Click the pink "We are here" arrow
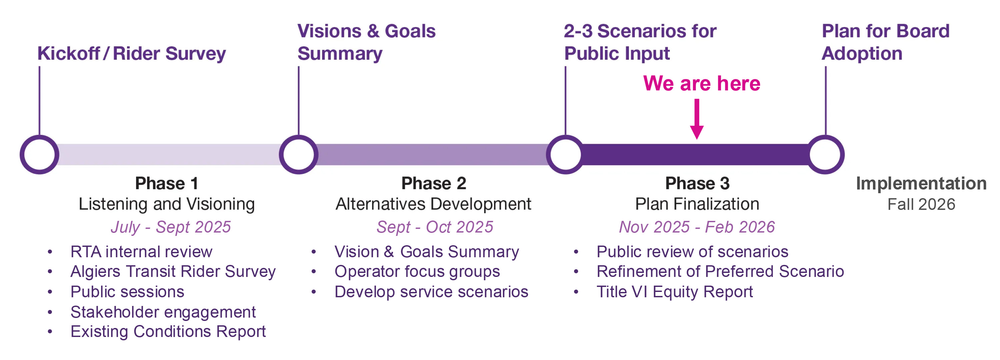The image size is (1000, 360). click(697, 118)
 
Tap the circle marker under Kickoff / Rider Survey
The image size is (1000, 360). click(40, 154)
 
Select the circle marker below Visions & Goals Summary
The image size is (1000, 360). click(298, 154)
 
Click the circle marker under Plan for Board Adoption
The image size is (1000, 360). click(825, 154)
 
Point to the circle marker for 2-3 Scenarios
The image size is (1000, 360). click(565, 154)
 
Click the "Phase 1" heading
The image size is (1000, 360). click(166, 183)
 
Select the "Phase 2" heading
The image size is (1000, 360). click(433, 183)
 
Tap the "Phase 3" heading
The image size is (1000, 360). click(697, 183)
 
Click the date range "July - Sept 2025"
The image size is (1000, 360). click(171, 227)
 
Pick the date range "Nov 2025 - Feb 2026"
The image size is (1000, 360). click(697, 227)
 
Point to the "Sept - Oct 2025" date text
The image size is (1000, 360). click(435, 227)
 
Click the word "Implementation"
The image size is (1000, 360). click(921, 183)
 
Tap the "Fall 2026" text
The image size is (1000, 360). click(921, 204)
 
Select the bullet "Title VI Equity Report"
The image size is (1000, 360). click(674, 292)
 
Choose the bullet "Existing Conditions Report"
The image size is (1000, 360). click(168, 331)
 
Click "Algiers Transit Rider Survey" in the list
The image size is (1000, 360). click(173, 272)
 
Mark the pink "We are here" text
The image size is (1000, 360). click(702, 83)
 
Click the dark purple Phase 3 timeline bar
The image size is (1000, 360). click(695, 154)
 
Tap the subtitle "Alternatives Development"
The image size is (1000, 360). click(433, 204)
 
